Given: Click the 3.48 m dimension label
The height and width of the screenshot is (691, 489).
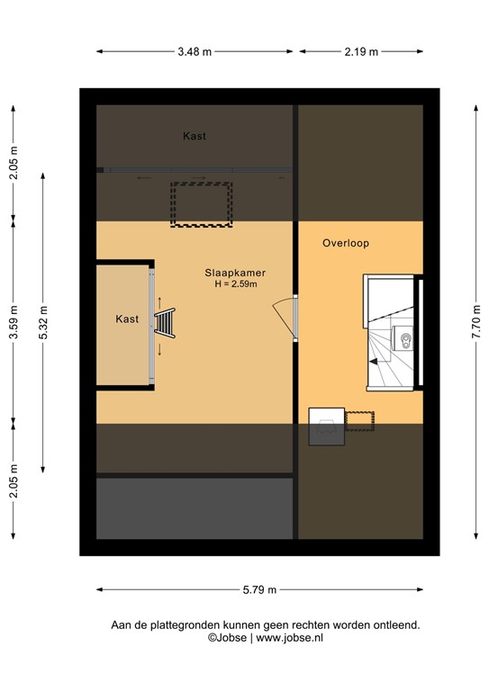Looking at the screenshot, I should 195,51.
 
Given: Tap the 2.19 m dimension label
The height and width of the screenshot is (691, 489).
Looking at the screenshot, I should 360,51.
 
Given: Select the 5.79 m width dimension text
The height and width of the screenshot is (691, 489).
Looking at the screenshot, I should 259,589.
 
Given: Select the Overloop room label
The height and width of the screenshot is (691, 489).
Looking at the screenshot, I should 346,243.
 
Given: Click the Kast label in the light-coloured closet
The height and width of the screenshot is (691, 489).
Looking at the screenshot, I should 127,319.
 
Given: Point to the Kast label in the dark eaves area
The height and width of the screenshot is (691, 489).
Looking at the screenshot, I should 195,137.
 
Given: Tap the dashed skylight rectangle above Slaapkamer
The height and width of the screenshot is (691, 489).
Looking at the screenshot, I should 202,204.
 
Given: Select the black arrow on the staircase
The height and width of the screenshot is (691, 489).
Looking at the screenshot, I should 373,362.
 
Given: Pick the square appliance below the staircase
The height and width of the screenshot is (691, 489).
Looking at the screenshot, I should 326,426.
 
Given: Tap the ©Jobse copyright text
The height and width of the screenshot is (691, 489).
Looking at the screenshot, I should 229,637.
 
